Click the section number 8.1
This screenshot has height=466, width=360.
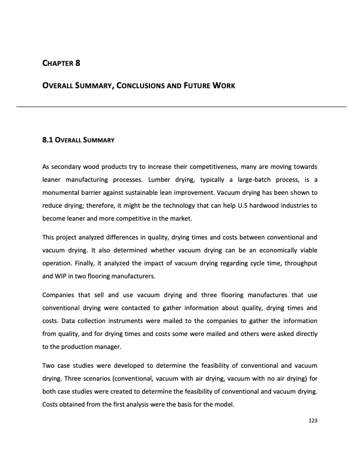coord(44,141)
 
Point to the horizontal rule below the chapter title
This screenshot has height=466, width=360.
coord(180,106)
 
